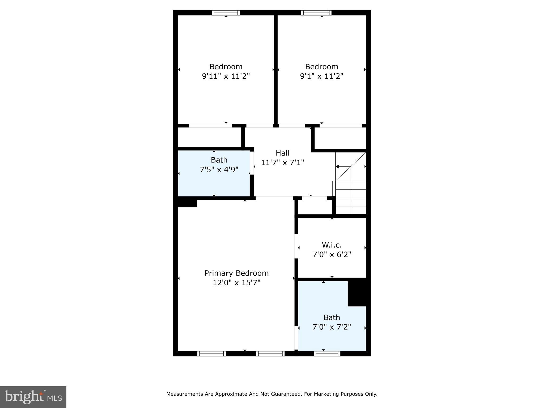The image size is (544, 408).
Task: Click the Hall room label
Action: point(282,153)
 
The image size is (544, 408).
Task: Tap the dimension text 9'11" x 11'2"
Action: point(226,76)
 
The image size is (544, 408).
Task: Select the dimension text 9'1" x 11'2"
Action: point(322,76)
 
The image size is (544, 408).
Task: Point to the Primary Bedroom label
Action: point(236,273)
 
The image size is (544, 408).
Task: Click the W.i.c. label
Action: point(332,245)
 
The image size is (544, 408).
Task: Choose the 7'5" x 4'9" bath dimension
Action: point(219,169)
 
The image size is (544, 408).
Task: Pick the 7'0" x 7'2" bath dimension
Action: point(332,327)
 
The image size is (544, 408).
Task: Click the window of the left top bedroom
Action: point(226,13)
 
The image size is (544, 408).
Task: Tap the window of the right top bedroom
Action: point(316,13)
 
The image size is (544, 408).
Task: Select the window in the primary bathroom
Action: point(327,354)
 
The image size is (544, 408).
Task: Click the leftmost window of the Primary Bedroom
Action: point(211,354)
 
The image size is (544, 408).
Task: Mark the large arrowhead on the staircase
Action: point(337,167)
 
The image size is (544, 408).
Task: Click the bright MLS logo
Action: point(33,397)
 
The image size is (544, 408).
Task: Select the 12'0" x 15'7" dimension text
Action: point(236,283)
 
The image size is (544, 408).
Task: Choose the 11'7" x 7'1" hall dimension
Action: point(282,163)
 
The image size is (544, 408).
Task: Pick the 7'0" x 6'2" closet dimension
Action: point(332,254)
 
